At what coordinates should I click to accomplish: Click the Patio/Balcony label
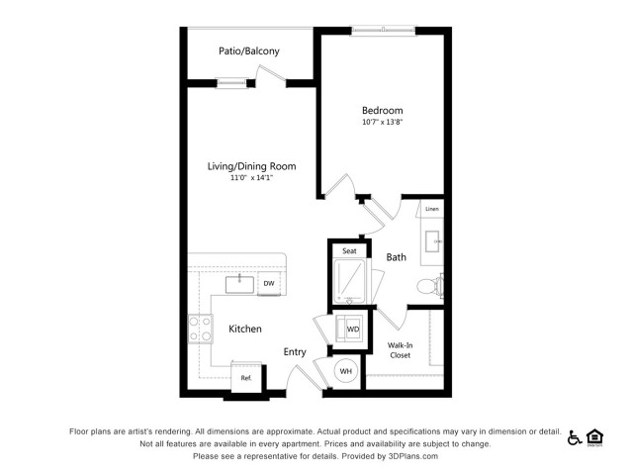tap(248, 51)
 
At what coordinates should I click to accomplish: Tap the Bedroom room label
tap(383, 110)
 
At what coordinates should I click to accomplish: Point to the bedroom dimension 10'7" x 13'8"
tap(383, 122)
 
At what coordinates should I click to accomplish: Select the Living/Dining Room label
tap(251, 166)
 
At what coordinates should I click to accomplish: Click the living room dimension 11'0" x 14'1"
tap(251, 178)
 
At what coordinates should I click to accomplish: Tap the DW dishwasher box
tap(269, 284)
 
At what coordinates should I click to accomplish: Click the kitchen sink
tap(239, 284)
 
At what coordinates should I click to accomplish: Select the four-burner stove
tap(200, 329)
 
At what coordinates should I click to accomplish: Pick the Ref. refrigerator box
tap(246, 378)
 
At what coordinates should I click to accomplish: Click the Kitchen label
tap(245, 329)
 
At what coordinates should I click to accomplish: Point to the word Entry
tap(295, 352)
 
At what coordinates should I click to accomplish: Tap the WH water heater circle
tap(346, 371)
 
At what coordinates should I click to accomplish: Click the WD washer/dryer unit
tap(352, 329)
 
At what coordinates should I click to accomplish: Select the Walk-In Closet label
tap(400, 350)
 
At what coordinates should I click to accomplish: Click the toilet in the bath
tap(429, 286)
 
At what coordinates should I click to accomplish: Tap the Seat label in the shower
tap(349, 250)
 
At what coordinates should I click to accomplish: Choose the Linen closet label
tap(432, 209)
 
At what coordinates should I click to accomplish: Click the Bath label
tap(396, 257)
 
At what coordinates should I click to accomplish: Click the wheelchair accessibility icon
tap(574, 437)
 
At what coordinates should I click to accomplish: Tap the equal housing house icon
tap(595, 437)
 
